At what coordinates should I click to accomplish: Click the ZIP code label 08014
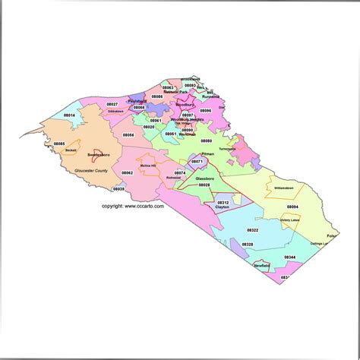(x=69, y=115)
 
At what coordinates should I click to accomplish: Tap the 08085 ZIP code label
(x=59, y=144)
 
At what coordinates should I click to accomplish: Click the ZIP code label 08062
(x=127, y=173)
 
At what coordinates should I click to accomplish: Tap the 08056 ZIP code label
(x=128, y=135)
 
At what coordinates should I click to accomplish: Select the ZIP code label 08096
(x=206, y=111)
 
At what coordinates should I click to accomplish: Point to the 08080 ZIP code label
(x=207, y=141)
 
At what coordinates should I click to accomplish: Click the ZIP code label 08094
(x=292, y=207)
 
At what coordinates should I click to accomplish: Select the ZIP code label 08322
(x=252, y=229)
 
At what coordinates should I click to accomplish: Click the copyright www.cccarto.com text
(x=133, y=206)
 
